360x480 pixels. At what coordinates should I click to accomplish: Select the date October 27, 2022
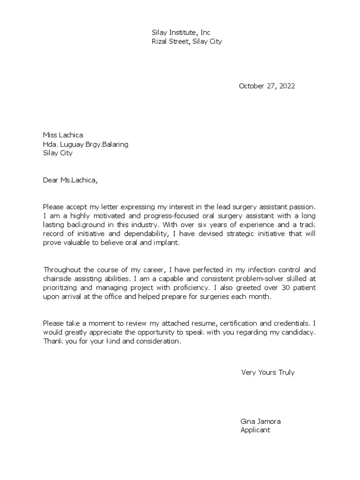(x=267, y=86)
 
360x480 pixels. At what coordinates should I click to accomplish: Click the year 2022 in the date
(x=287, y=86)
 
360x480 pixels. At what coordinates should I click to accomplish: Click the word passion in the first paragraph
(x=301, y=207)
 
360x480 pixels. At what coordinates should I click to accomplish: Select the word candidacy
(x=299, y=332)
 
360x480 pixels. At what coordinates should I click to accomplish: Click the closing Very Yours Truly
(x=268, y=373)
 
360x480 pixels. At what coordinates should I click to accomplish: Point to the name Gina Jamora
(x=261, y=421)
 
